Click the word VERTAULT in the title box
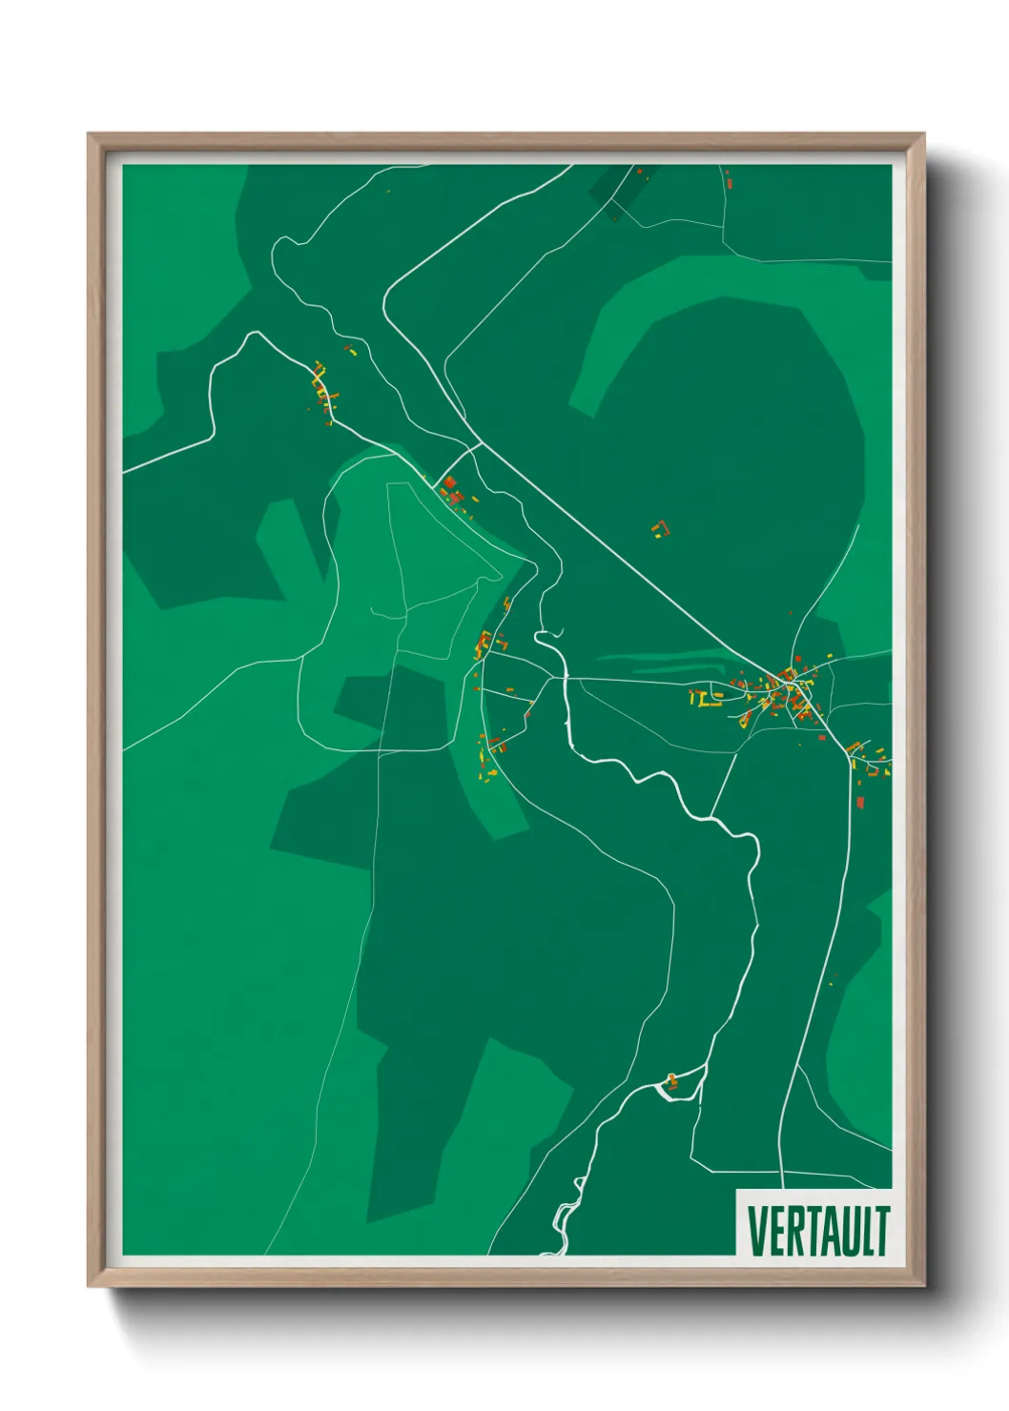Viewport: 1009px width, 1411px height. [x=817, y=1231]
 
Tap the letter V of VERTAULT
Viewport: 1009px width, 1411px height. [x=755, y=1231]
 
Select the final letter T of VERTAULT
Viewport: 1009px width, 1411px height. [x=882, y=1231]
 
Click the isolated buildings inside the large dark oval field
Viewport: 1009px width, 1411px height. [x=659, y=527]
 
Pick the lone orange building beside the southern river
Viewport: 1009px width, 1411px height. [x=672, y=1079]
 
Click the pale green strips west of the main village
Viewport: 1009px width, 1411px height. [x=658, y=661]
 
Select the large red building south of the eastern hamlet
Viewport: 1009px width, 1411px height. [x=860, y=802]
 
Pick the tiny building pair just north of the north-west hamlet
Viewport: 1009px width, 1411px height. [x=349, y=349]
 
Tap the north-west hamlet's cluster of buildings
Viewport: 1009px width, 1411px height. [x=324, y=391]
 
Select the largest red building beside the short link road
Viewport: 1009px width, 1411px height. [x=450, y=483]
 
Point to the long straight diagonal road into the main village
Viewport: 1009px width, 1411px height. [x=620, y=562]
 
